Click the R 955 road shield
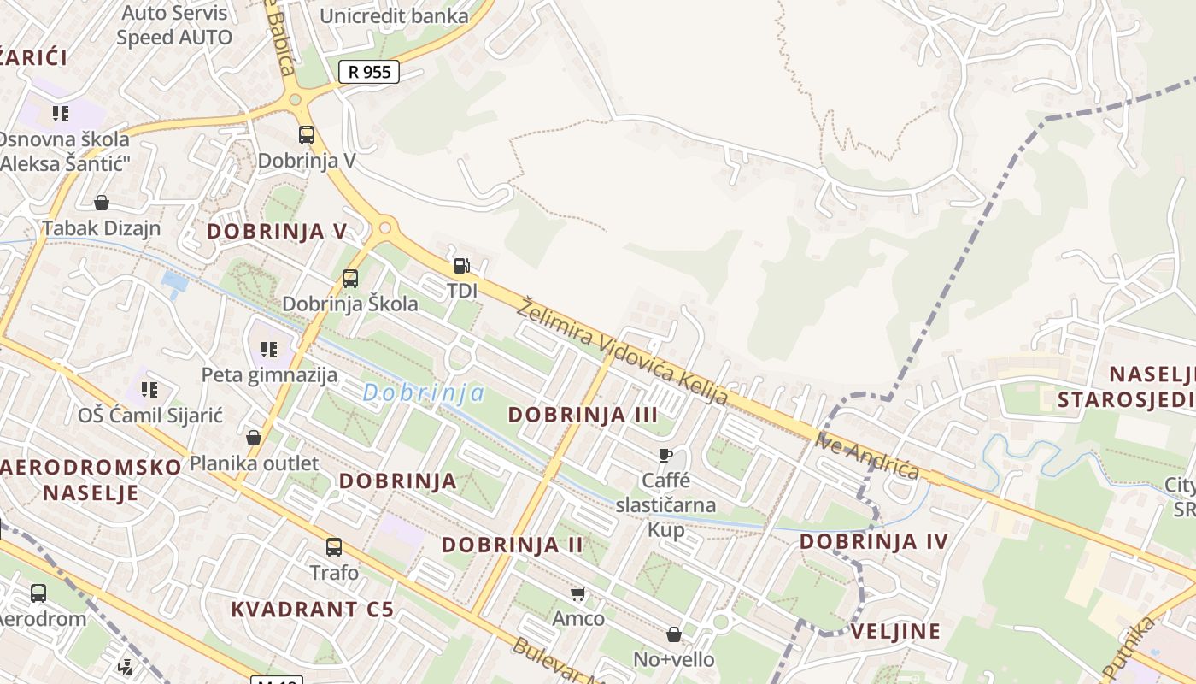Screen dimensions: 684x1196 click(x=369, y=72)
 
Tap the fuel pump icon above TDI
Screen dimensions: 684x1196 click(x=461, y=266)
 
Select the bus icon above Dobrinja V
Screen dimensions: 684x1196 click(x=307, y=135)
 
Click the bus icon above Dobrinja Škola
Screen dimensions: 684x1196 click(x=350, y=278)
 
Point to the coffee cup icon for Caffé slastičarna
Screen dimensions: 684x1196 click(x=665, y=455)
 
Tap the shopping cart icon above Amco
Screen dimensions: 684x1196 click(x=578, y=593)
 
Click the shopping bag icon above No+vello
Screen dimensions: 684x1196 click(x=674, y=634)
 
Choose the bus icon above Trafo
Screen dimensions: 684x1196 click(x=334, y=547)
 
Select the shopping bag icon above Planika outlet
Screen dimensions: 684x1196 click(x=254, y=438)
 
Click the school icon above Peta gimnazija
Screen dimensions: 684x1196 click(x=269, y=349)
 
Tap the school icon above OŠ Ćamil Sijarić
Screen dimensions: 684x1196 click(x=149, y=390)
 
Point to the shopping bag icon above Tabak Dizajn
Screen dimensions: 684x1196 click(x=102, y=203)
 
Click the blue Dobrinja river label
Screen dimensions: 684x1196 click(x=424, y=393)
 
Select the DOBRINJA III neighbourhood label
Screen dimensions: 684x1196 click(x=583, y=415)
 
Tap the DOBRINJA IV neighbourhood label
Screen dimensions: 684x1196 click(x=874, y=541)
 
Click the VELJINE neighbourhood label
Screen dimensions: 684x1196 click(x=895, y=632)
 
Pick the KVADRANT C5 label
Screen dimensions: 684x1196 click(x=313, y=610)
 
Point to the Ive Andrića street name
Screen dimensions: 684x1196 click(x=867, y=457)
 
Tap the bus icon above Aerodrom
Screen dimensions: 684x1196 click(x=38, y=593)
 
